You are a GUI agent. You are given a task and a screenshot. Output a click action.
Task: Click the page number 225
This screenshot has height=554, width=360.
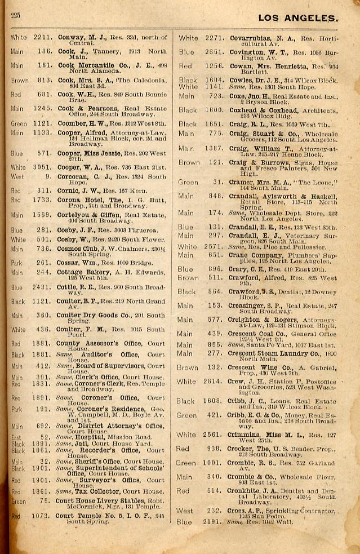(x=15, y=15)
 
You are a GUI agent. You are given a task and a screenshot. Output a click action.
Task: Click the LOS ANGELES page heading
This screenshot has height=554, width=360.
(x=298, y=18)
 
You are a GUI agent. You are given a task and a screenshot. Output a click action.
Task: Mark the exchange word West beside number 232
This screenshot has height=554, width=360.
(x=185, y=511)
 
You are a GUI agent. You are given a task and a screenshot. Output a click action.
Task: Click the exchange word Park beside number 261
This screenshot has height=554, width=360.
(x=17, y=262)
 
